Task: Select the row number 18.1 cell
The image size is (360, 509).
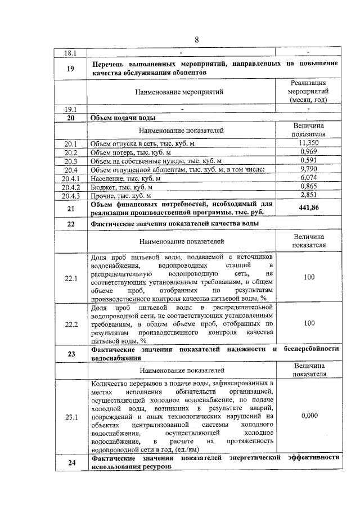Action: click(x=71, y=53)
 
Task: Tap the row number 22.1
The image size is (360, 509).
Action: click(x=71, y=278)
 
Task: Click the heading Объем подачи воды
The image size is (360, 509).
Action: click(x=123, y=118)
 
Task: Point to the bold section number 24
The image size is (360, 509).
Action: click(x=71, y=463)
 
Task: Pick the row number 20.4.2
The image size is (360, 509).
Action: click(x=71, y=187)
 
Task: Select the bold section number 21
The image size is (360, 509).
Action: click(x=71, y=209)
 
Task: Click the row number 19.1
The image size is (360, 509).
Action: click(x=71, y=109)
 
